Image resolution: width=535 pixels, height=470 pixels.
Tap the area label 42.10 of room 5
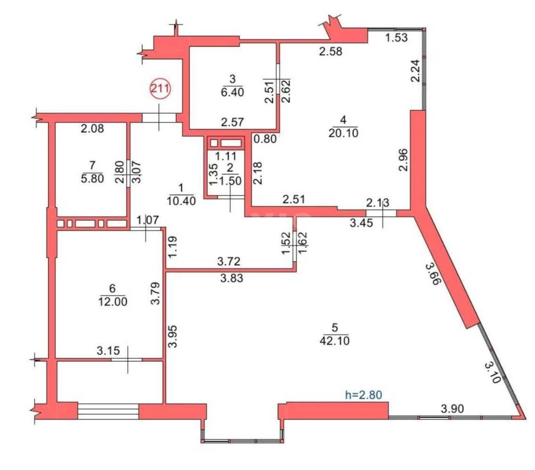334,341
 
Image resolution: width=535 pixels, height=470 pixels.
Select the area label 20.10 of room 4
343,132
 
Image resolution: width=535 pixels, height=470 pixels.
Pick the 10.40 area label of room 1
181,201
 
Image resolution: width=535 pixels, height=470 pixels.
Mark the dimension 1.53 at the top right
396,37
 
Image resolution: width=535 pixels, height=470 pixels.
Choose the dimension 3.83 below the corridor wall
231,278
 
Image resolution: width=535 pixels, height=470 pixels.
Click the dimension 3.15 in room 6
108,350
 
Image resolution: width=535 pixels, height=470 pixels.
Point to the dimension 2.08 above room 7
92,129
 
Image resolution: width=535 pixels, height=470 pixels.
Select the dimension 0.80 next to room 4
266,139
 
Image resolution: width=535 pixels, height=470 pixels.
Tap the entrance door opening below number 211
159,117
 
